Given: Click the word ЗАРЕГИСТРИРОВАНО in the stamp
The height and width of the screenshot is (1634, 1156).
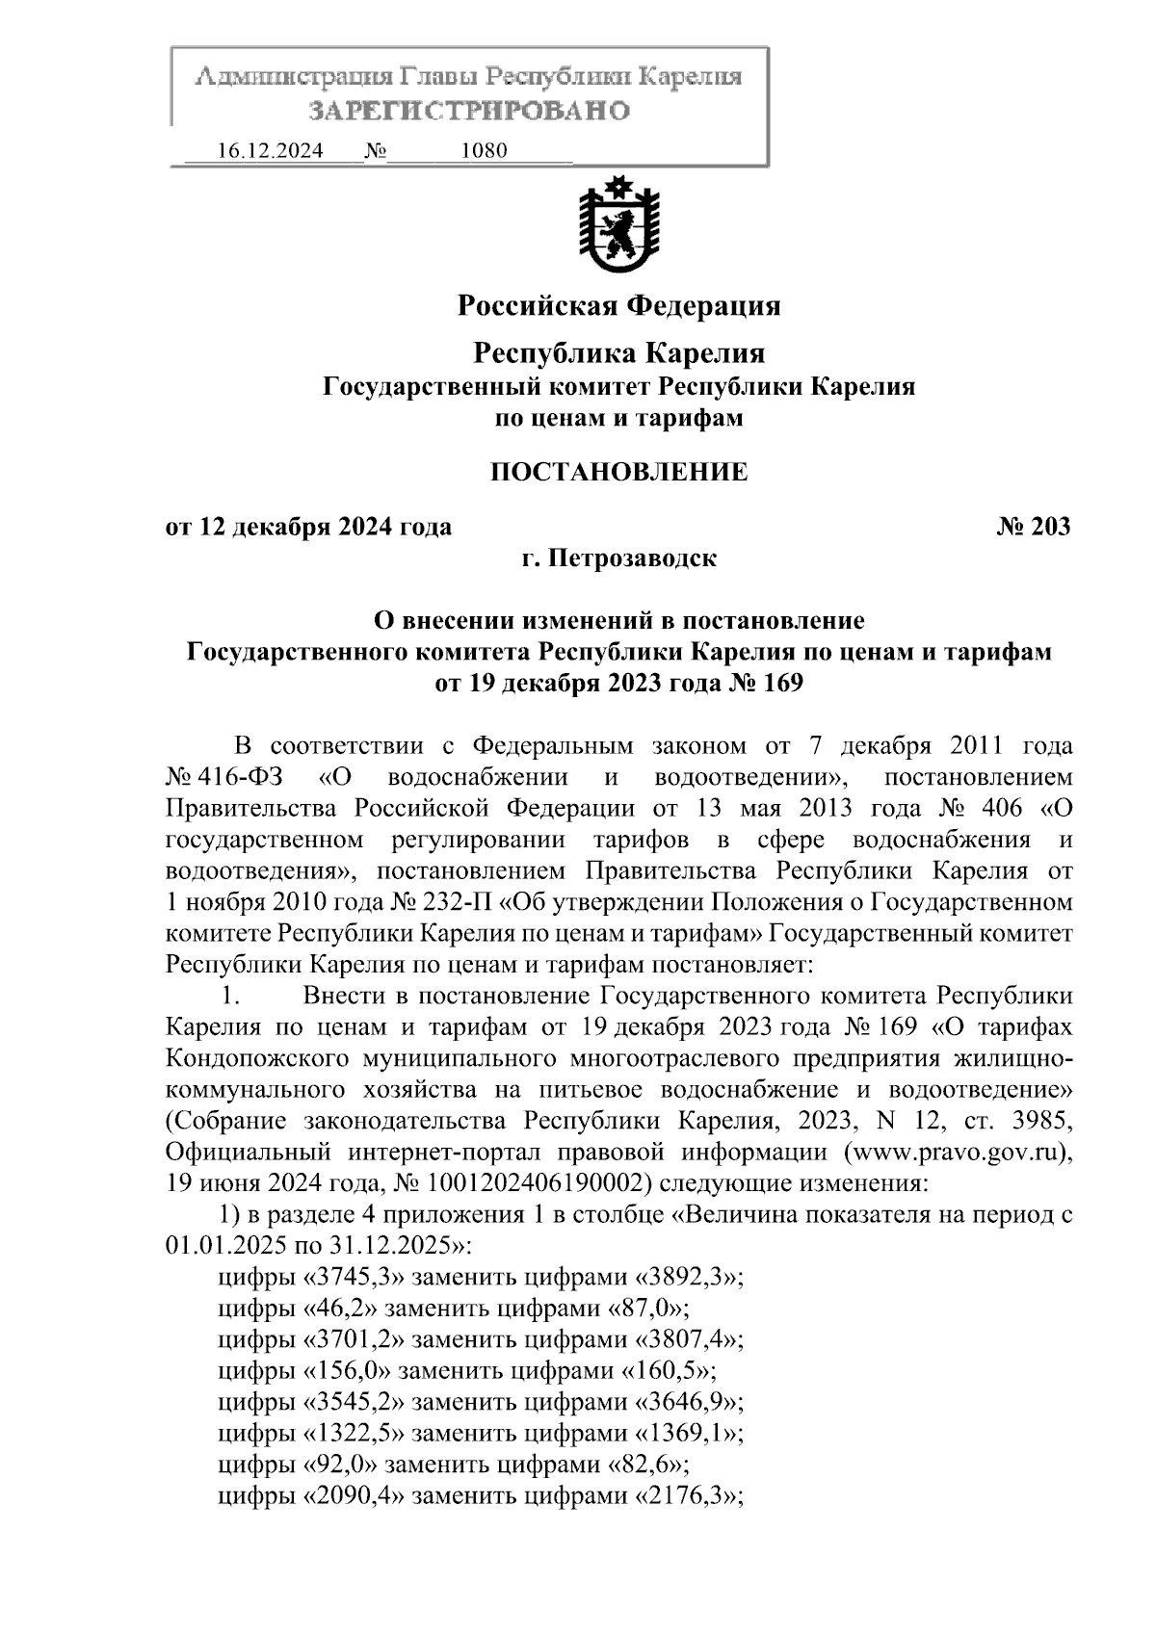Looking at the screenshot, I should tap(469, 111).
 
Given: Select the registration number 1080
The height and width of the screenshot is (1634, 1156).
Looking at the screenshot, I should tap(485, 151).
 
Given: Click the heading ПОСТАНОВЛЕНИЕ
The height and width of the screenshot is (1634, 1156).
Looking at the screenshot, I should tap(618, 472).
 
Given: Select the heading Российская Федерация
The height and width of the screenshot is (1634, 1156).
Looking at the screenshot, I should tap(618, 306).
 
